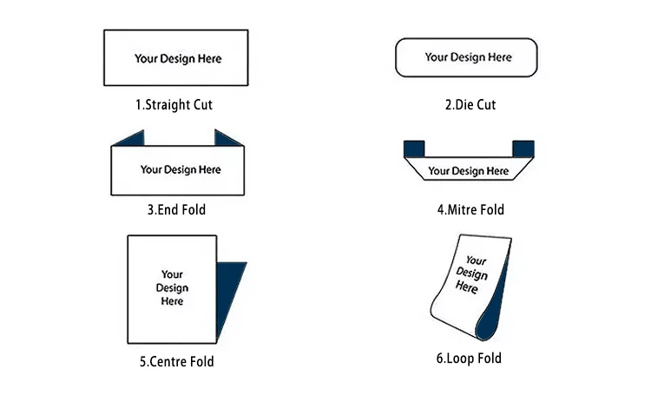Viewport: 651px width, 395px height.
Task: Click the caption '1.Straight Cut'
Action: point(174,105)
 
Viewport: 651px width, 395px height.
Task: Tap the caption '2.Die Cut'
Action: point(470,105)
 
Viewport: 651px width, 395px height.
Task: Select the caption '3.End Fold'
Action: point(176,209)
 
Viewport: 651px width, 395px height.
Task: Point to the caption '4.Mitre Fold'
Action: point(470,209)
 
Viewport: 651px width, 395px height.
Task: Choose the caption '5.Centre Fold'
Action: point(177,361)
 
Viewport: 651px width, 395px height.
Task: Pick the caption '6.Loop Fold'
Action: point(469,358)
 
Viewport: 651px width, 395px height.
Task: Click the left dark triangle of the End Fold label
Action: point(131,139)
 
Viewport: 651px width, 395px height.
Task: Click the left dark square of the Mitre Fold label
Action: point(414,148)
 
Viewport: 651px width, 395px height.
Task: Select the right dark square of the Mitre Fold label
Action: point(523,148)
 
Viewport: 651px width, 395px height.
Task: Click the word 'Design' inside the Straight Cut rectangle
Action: point(177,59)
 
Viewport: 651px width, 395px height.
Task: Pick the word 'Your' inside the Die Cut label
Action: point(436,57)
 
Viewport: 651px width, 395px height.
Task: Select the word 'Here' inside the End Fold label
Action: point(210,169)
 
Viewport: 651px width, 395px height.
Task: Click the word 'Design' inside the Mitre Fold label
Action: point(468,172)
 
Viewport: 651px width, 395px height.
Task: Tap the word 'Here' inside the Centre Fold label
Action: point(172,301)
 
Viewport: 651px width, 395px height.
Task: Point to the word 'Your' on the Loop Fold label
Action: point(476,260)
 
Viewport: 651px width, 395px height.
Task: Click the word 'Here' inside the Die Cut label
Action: point(500,57)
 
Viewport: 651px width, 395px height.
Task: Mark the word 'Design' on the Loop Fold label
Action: point(471,273)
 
